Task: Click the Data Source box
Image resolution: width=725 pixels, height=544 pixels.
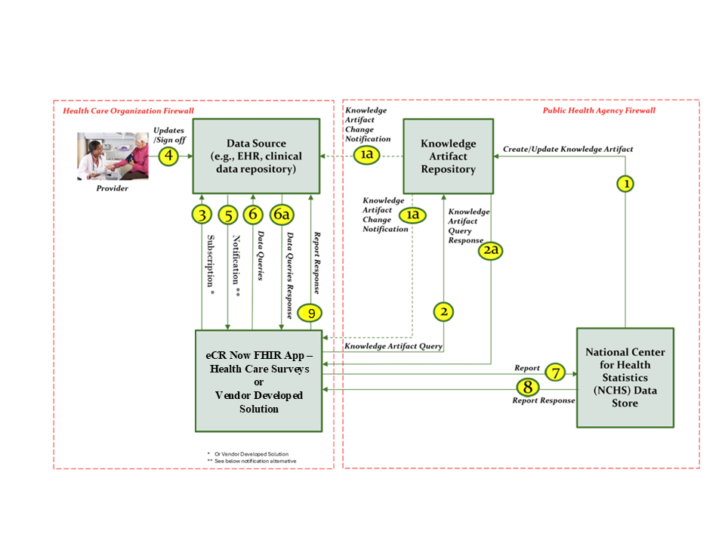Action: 256,156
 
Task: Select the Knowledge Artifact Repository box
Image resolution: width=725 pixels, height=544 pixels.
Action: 448,156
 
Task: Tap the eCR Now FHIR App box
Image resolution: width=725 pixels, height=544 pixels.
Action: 259,381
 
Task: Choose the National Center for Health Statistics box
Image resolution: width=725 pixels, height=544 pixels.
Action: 625,377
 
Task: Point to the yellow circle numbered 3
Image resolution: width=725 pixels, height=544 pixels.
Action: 202,215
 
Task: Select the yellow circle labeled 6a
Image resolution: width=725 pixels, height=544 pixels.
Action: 282,215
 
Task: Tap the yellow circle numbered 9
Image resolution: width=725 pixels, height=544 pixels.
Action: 310,312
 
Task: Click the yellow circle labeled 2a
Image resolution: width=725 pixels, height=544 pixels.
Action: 491,250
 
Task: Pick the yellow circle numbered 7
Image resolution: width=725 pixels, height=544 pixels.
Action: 555,372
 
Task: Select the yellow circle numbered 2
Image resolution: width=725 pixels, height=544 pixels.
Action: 444,311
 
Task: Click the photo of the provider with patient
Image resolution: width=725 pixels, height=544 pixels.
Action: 114,156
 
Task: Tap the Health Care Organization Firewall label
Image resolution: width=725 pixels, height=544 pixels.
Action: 128,111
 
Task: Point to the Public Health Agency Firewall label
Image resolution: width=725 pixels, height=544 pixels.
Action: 599,111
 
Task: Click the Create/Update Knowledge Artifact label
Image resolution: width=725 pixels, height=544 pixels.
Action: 568,150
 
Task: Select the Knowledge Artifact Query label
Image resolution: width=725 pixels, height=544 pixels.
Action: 393,346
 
